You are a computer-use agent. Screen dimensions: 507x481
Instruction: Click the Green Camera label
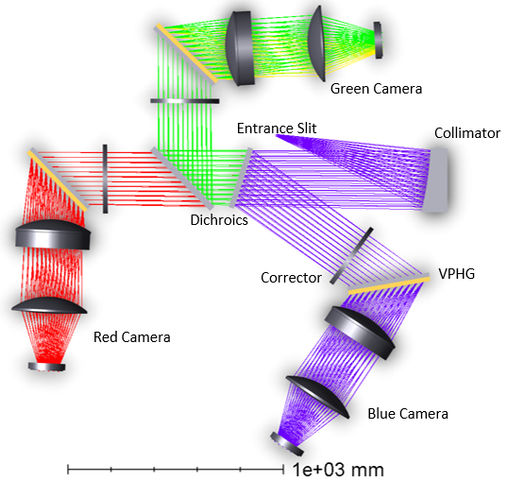[x=376, y=89]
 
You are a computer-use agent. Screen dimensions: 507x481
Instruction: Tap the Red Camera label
[x=132, y=337]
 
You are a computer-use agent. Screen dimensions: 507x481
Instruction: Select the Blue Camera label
[x=408, y=414]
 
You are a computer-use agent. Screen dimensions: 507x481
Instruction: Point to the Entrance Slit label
[x=277, y=129]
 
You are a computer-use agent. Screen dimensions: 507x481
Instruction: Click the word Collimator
[x=467, y=133]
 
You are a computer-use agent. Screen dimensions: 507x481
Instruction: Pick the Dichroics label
[x=219, y=220]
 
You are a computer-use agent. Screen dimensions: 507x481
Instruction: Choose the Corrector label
[x=291, y=278]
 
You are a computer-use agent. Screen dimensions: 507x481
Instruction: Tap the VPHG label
[x=457, y=274]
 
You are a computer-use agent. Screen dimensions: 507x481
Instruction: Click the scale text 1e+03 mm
[x=338, y=470]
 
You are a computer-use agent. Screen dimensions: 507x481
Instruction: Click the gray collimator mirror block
[x=437, y=180]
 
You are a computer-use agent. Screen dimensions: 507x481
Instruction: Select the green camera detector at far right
[x=378, y=41]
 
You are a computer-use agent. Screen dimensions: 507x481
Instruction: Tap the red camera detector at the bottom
[x=47, y=367]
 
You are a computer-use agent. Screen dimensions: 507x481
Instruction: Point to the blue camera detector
[x=287, y=444]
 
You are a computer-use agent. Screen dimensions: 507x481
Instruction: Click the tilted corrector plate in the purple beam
[x=351, y=256]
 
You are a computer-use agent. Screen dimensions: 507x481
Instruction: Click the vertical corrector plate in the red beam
[x=105, y=179]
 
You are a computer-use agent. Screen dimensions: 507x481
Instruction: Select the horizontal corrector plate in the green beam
[x=185, y=101]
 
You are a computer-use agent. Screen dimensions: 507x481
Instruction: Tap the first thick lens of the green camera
[x=240, y=48]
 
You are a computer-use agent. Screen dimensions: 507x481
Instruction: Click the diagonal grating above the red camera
[x=58, y=180]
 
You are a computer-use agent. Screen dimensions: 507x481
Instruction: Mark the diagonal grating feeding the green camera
[x=186, y=54]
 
